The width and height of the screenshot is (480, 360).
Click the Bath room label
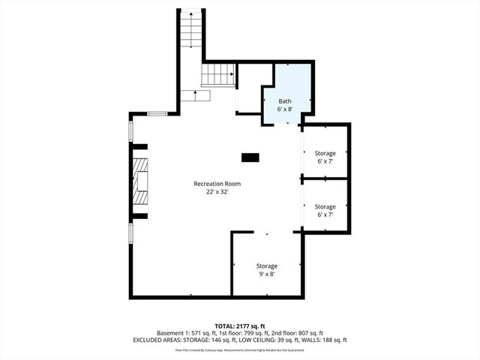pos(285,101)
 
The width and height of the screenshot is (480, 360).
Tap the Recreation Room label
pos(217,184)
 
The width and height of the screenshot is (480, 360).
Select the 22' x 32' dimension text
pos(217,192)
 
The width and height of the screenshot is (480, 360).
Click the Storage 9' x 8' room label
pos(267,266)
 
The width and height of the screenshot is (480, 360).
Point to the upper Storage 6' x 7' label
pos(325,154)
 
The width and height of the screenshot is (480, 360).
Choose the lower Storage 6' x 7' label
pos(325,206)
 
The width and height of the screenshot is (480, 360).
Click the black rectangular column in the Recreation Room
pos(250,157)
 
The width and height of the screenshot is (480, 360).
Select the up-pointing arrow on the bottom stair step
pos(196,95)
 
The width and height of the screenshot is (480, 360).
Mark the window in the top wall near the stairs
pos(157,113)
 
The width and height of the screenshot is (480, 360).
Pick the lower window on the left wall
pos(131,232)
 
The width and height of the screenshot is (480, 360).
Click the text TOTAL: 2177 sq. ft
pos(240,325)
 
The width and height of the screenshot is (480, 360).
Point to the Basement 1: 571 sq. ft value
pos(186,333)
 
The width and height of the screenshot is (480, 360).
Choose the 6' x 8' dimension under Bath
pos(285,109)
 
